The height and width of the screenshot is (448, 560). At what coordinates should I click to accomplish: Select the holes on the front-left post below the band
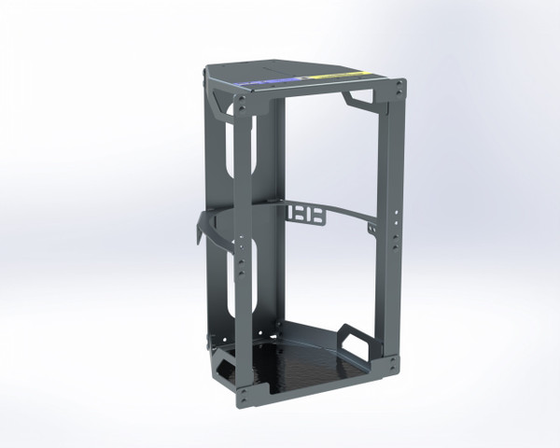pyautogui.click(x=245, y=266)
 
